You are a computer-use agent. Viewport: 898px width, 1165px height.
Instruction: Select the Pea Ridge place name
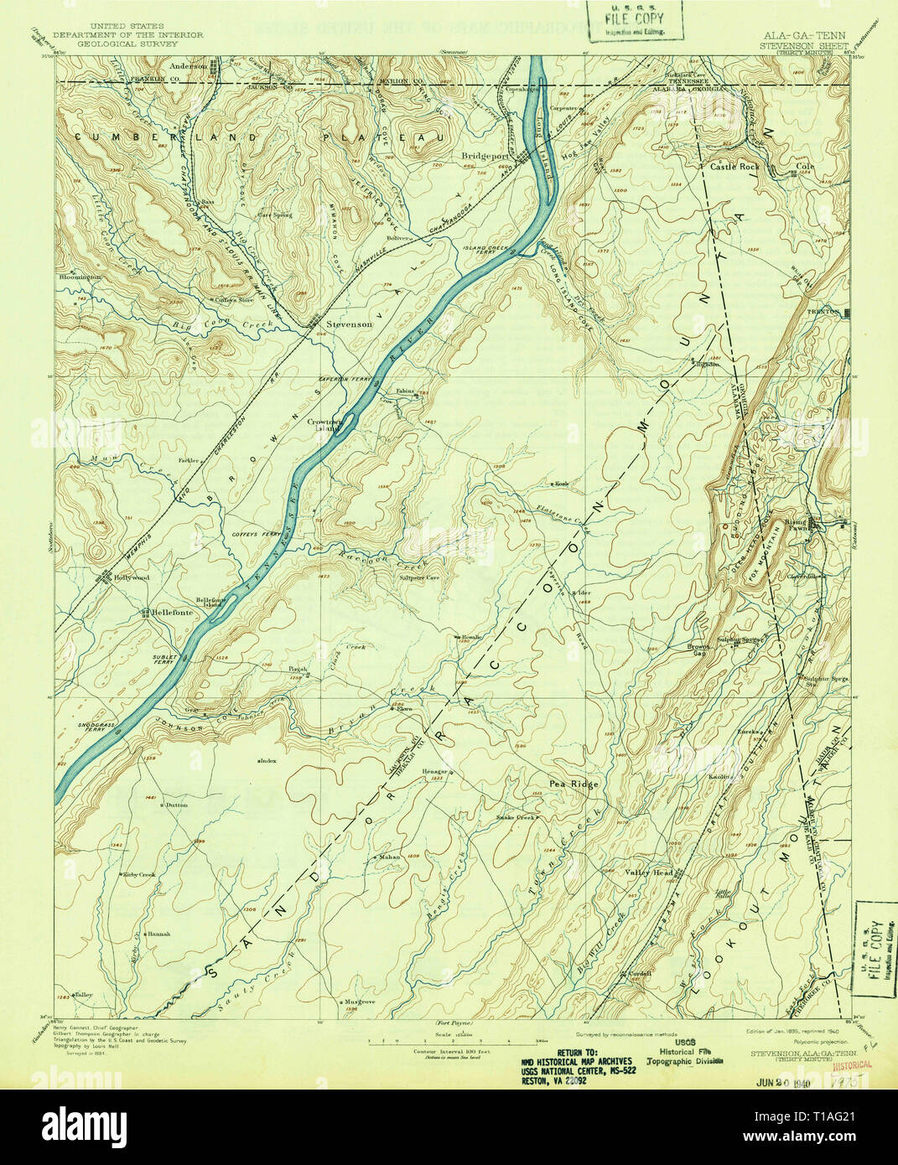pyautogui.click(x=574, y=784)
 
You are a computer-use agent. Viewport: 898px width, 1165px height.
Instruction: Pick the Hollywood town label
pyautogui.click(x=132, y=577)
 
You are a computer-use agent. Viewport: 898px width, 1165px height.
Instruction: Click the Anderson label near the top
pyautogui.click(x=188, y=65)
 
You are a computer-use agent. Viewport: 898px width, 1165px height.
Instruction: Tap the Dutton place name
pyautogui.click(x=176, y=805)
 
